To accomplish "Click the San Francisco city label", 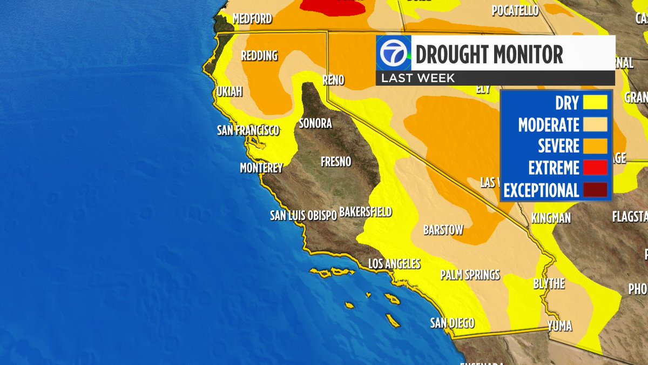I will pos(248,130).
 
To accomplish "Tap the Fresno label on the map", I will pos(335,162).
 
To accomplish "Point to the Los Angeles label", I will pos(394,264).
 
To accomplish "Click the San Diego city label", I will pos(452,323).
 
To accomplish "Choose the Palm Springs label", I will pos(470,275).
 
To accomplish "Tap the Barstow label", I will pos(443,230).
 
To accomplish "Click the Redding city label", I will pos(259,56).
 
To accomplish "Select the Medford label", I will pos(252,19).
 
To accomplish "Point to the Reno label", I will pos(333,80).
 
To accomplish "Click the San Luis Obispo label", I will pos(303,215).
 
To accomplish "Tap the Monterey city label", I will pos(261,168).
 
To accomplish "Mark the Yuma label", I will pos(559,326).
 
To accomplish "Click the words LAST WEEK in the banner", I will pos(417,78).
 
